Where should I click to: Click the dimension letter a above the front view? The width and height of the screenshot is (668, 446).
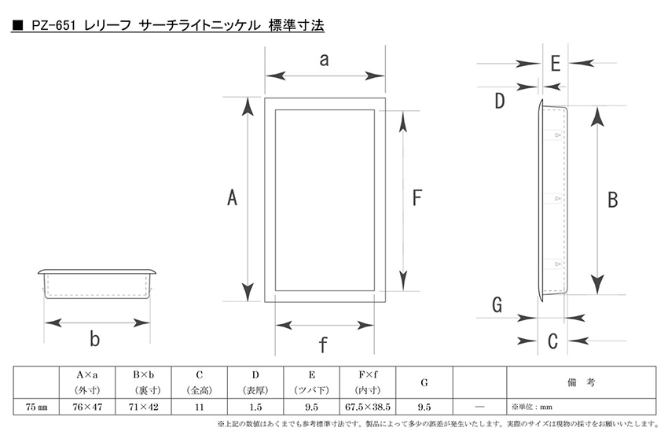coord(325,60)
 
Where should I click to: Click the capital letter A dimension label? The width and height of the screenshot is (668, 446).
coord(232,198)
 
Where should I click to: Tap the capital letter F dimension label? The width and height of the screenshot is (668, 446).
coord(417,198)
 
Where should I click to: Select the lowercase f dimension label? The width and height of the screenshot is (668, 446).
coord(323,345)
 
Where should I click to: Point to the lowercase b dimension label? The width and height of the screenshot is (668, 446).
coord(94,339)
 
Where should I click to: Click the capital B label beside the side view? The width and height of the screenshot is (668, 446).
coord(613,200)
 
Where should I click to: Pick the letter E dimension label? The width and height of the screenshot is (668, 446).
coord(556,64)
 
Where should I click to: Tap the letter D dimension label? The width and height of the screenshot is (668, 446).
coord(499,101)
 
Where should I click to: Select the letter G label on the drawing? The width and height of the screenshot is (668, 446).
coord(497,305)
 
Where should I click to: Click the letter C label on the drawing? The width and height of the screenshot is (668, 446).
coord(552,341)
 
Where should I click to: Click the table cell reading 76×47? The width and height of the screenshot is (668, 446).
coord(87,407)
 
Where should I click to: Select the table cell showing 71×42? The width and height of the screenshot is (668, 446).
coord(143,407)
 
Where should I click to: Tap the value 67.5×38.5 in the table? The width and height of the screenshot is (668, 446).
coord(368,407)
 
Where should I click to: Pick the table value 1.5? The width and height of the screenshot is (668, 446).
coord(255,407)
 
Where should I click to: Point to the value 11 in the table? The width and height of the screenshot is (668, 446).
coord(200,407)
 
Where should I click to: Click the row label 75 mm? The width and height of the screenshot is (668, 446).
coord(36,407)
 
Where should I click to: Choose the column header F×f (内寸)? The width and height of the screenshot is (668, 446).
coord(368,382)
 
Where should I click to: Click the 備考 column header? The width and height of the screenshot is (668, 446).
coord(581,382)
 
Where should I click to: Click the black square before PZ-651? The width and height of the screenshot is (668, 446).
coord(17,26)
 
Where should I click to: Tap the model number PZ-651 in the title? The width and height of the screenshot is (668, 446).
coord(53,26)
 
